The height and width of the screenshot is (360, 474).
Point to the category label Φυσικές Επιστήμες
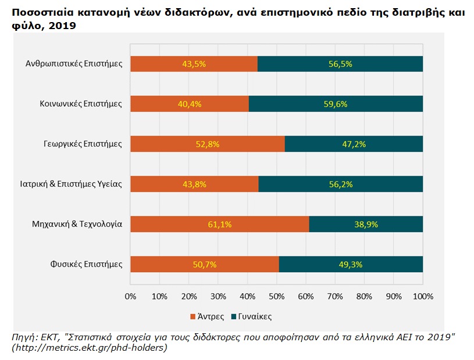point(87,264)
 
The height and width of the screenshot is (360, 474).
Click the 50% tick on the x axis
point(277,296)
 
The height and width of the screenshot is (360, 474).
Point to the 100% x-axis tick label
point(423,296)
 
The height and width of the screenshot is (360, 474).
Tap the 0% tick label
point(131,296)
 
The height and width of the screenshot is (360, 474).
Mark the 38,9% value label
point(366,224)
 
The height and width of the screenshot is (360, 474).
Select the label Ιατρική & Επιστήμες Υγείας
point(67,184)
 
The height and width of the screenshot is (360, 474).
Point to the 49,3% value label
point(351,264)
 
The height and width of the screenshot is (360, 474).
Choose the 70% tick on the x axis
point(335,296)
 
